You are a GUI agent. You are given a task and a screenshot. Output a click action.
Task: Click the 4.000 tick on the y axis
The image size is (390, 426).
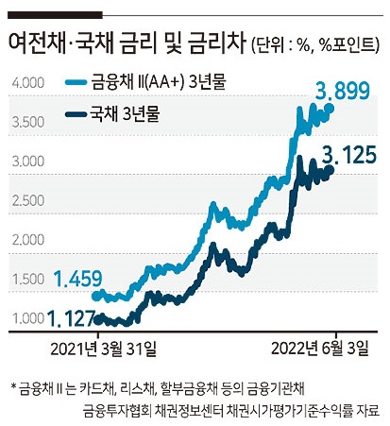tap(28, 83)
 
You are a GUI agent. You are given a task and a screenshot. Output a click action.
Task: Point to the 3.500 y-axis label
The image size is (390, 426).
tap(28, 122)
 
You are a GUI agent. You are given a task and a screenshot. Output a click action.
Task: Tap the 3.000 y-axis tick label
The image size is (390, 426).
tap(28, 162)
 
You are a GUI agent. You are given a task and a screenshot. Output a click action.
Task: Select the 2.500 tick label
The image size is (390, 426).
tap(28, 201)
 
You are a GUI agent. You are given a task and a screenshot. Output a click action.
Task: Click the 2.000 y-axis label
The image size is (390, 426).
tap(28, 240)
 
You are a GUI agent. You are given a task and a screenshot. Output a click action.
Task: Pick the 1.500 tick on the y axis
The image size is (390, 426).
tap(28, 280)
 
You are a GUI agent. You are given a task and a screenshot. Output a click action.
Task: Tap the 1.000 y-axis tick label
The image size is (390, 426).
tap(28, 318)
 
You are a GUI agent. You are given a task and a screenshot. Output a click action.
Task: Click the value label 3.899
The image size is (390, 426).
tap(343, 92)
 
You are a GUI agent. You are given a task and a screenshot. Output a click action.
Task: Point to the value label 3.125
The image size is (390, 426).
tap(349, 156)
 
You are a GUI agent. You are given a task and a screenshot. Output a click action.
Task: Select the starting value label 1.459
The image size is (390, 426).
tap(78, 279)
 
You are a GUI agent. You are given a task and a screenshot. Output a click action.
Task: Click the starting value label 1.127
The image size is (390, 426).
tap(72, 318)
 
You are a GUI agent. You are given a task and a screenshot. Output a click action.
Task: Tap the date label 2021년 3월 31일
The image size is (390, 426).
tap(103, 349)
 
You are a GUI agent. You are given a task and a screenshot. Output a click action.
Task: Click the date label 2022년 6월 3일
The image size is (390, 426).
tap(319, 349)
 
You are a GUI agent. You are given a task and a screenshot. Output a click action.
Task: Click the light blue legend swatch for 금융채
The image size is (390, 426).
tap(76, 82)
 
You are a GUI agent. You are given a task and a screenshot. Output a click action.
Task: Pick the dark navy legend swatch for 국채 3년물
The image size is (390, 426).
tap(76, 114)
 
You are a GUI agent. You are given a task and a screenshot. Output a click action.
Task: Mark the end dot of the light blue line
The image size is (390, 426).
tap(331, 109)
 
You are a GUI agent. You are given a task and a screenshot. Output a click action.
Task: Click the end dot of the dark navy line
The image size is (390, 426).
tap(330, 170)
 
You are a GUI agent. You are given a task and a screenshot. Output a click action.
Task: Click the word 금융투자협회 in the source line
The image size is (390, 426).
tap(118, 411)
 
